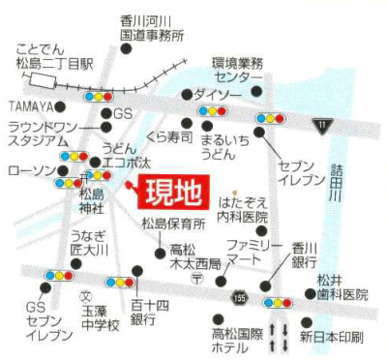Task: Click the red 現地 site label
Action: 173,193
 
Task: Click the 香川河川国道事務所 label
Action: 152,28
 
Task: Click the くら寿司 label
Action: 170,137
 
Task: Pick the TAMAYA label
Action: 26,105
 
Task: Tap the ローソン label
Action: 26,170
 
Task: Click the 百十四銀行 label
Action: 143,312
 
